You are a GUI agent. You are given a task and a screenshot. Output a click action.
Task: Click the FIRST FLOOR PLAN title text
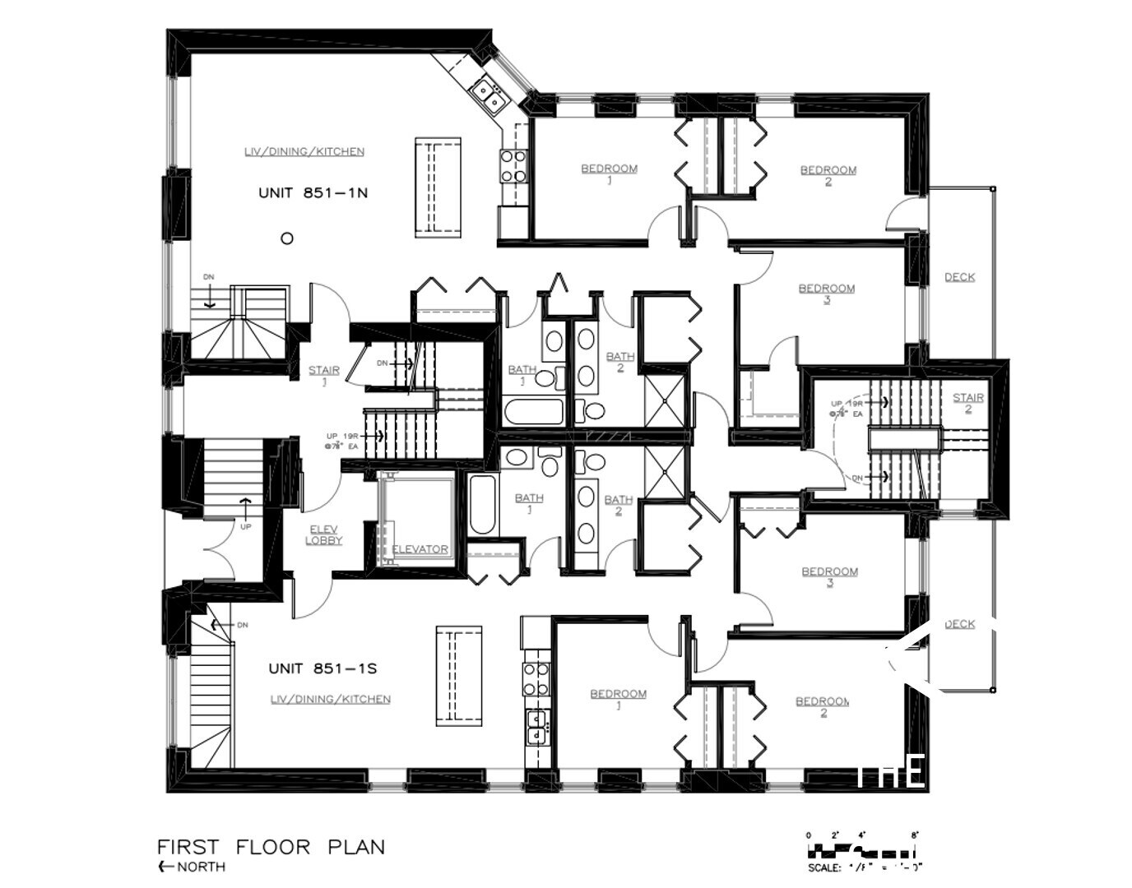point(271,847)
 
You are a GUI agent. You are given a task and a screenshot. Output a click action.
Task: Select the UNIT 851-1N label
point(313,193)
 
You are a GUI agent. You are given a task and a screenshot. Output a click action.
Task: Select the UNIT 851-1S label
point(322,668)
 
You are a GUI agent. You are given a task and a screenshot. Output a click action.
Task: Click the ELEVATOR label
point(420,549)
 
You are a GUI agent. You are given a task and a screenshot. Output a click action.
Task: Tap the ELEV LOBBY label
point(323,534)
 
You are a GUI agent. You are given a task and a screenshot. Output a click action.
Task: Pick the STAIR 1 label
point(324,374)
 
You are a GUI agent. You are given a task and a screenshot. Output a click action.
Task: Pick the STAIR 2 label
point(968,402)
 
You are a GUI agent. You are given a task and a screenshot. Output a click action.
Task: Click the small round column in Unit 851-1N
point(287,238)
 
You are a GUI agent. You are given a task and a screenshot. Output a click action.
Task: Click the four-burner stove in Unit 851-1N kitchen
point(513,164)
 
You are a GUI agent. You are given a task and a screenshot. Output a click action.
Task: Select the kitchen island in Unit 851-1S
point(458,676)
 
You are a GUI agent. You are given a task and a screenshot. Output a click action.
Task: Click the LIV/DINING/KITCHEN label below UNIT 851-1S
point(331,699)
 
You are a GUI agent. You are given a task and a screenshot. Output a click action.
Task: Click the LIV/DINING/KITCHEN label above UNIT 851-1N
point(304,151)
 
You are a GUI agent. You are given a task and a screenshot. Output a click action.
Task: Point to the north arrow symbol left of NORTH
point(165,867)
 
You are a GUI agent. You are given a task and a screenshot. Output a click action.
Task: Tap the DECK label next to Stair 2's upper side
point(959,277)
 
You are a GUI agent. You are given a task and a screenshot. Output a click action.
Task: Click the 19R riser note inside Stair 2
point(856,404)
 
